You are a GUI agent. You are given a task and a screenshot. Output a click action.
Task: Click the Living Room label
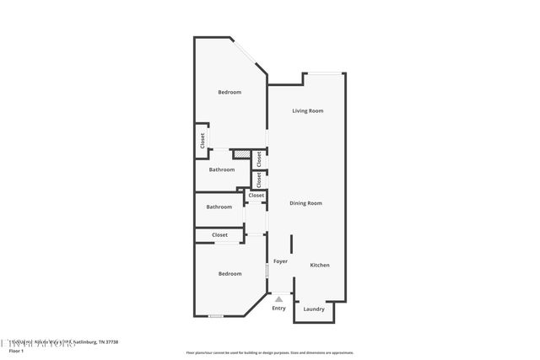pos(308,111)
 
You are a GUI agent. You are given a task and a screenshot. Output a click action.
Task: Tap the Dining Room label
pos(306,203)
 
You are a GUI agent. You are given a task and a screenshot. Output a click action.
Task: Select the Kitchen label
pos(320,266)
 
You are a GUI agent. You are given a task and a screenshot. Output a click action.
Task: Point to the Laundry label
pos(314,309)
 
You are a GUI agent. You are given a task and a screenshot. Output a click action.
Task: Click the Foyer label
pos(280,261)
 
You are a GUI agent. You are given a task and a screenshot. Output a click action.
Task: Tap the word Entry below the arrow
pos(278,308)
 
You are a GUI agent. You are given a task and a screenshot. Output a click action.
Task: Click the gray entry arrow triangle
pos(278,298)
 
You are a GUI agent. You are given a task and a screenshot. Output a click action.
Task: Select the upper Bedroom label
pos(229,92)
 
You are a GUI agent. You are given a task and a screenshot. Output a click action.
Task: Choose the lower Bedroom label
pos(229,273)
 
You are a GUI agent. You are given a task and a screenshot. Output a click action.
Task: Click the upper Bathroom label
pos(222,169)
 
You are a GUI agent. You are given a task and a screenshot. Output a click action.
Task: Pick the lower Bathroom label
pos(219,207)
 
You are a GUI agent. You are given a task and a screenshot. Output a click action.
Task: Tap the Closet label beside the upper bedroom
pos(202,142)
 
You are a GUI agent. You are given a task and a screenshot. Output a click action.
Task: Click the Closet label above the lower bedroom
pos(220,235)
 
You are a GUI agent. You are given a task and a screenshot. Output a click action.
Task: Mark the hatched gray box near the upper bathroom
pos(242,154)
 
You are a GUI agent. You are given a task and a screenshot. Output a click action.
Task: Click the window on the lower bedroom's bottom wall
pos(216,316)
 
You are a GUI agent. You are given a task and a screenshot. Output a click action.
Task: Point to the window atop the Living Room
pos(324,73)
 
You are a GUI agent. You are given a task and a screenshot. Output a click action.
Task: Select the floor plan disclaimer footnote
pos(269,352)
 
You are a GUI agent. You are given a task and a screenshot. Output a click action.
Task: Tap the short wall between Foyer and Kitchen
pos(292,244)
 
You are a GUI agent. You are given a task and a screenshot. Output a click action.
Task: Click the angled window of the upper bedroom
pos(250,56)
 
